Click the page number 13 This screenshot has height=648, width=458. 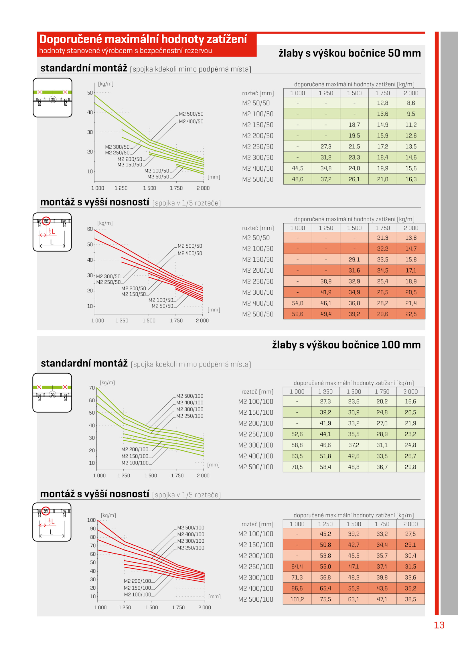point(439,625)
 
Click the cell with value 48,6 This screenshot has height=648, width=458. point(297,179)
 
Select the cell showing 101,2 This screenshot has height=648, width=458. point(297,599)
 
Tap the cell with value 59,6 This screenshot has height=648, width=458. point(297,314)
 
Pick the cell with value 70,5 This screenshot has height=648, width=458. point(297,467)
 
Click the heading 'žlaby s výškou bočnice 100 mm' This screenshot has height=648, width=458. point(346,345)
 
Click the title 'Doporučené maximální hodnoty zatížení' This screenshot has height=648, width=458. point(143,39)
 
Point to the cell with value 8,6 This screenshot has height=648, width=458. point(411,103)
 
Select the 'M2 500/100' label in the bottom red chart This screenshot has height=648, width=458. point(191,528)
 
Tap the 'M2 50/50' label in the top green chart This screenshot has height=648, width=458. point(158,177)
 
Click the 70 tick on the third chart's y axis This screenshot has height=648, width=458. point(92,388)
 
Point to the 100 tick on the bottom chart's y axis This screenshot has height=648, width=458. point(91,520)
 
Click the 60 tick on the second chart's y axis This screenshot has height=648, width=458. point(90,229)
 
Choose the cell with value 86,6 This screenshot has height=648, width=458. point(297,588)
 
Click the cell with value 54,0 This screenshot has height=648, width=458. point(297,303)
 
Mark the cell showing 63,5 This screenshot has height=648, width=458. point(297,456)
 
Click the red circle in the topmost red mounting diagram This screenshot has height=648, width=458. point(46,221)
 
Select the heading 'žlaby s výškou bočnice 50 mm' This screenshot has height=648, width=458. point(350,53)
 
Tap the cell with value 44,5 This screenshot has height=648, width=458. point(297,168)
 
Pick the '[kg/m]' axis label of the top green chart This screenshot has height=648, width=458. point(106,84)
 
